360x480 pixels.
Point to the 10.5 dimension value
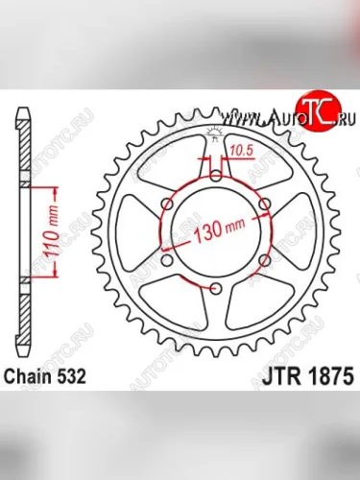click(242, 150)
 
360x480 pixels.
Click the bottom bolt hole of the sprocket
click(214, 290)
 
